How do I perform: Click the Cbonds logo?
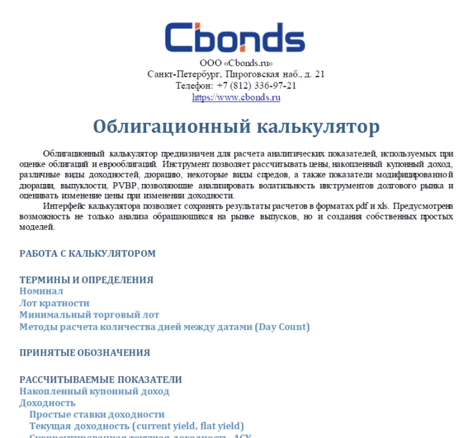tap(235, 37)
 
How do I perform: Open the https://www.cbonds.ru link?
tap(236, 97)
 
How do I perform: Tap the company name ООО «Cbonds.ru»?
tap(236, 63)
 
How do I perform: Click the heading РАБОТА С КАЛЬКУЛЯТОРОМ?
tap(87, 253)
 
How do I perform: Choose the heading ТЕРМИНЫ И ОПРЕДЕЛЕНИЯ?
tap(86, 280)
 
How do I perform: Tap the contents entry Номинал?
tap(41, 291)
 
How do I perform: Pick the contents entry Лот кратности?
tap(54, 303)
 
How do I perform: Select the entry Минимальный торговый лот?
tap(89, 314)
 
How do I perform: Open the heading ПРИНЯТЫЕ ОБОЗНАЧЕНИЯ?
tap(84, 353)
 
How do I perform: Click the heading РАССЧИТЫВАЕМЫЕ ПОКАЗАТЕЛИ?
tap(100, 379)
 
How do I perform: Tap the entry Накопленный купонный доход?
tap(94, 391)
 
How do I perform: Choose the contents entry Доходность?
tap(47, 403)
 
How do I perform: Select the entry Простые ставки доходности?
tap(97, 414)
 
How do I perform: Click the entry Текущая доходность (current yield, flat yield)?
tap(137, 426)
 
